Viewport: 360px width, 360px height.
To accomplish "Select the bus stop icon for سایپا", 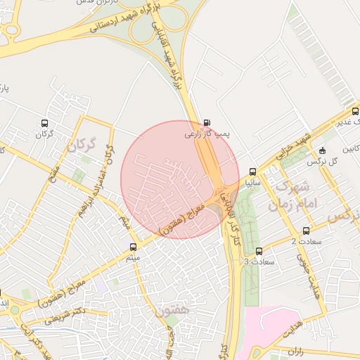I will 252,171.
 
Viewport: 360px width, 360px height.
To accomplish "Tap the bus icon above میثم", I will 133,247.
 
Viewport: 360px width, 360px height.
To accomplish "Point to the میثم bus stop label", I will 133,258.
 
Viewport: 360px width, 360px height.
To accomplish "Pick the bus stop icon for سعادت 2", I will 306,231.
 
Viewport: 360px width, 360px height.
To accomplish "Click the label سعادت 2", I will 304,242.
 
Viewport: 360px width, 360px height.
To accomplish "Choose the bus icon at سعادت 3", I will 259,251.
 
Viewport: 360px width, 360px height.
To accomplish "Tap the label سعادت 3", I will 255,262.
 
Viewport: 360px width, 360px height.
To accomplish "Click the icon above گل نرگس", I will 322,150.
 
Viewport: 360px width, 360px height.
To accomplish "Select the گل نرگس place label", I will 324,161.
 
